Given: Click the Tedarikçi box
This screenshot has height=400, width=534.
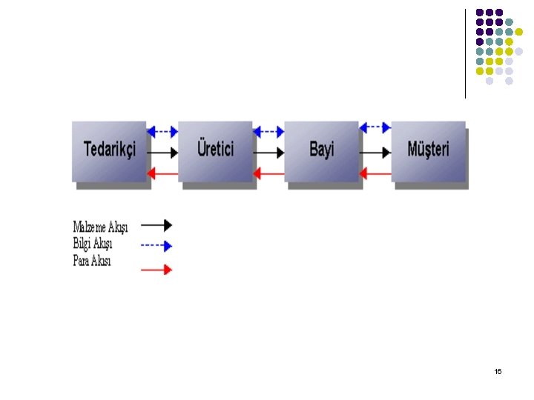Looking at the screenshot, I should (110, 150).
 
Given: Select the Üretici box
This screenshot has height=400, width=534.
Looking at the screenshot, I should (216, 150).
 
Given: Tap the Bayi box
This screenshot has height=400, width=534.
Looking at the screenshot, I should (322, 150).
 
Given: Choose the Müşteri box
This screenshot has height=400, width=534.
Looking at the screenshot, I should (428, 150).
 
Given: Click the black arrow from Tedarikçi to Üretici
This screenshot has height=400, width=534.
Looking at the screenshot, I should (163, 153).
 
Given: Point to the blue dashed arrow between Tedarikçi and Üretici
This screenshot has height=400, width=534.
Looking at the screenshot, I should (163, 132).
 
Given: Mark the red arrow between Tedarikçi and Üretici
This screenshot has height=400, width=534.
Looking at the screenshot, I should (163, 173).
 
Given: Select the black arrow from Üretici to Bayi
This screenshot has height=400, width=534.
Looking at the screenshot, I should (268, 153).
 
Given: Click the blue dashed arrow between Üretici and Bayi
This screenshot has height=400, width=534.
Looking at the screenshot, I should (268, 132).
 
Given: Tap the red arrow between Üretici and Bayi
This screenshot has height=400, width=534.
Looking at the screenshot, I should (268, 173).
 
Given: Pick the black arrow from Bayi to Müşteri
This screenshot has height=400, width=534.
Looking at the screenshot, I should (375, 153).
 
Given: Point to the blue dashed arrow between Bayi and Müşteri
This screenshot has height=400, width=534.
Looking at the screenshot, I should (375, 128).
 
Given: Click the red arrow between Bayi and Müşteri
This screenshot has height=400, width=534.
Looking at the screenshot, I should (375, 173).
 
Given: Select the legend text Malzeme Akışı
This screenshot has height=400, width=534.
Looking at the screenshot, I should (100, 227).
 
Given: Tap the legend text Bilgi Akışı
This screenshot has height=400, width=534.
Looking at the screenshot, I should (93, 244).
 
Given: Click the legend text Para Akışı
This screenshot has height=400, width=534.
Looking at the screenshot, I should (92, 260).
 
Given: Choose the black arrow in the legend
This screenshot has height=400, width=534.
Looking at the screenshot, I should (156, 224).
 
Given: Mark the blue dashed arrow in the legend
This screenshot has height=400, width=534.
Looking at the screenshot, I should (156, 245).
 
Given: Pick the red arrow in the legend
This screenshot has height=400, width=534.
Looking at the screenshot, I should (156, 270).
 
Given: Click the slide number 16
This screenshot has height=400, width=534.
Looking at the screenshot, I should (498, 371).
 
